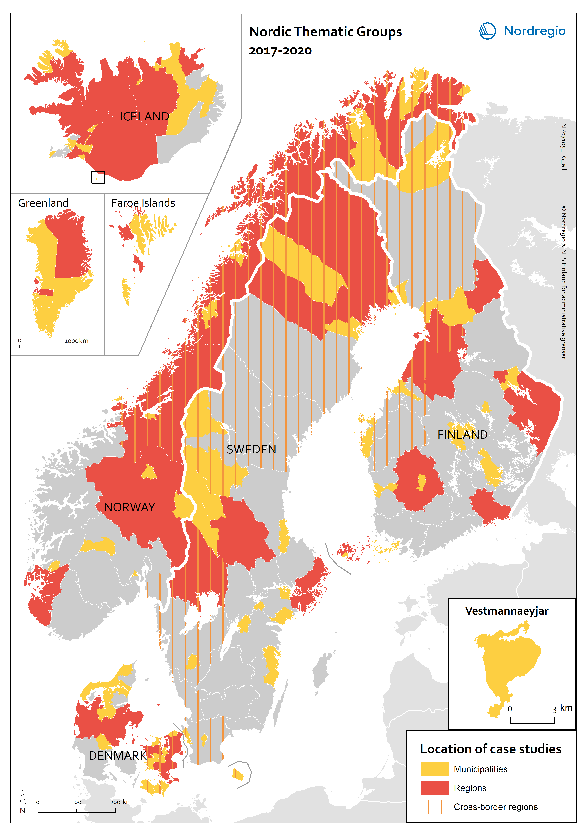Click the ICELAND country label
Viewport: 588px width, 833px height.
(x=144, y=116)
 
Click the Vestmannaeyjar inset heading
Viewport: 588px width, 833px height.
(x=507, y=611)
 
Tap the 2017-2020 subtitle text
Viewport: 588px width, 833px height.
(x=280, y=51)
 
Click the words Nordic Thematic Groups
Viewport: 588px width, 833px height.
(x=325, y=32)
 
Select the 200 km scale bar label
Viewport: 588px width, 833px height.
(x=121, y=802)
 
